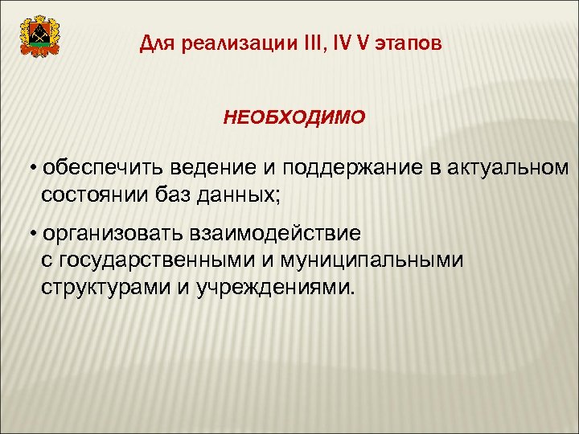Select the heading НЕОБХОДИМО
click(x=294, y=118)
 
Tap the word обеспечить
click(x=95, y=168)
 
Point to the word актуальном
click(x=506, y=168)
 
